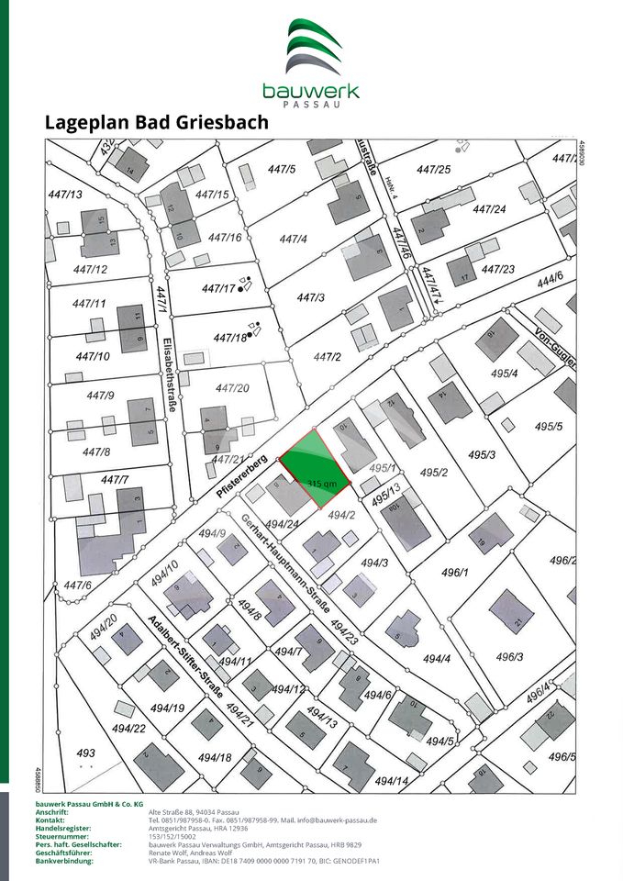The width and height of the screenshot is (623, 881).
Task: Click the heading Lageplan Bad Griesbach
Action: point(156,122)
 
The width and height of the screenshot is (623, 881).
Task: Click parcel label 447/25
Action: point(433,170)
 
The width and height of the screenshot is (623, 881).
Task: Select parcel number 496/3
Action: point(509,657)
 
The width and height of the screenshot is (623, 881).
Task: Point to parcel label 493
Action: point(85,751)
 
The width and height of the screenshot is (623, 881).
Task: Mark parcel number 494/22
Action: point(128,728)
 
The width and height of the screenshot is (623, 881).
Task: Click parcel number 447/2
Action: point(327,357)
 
